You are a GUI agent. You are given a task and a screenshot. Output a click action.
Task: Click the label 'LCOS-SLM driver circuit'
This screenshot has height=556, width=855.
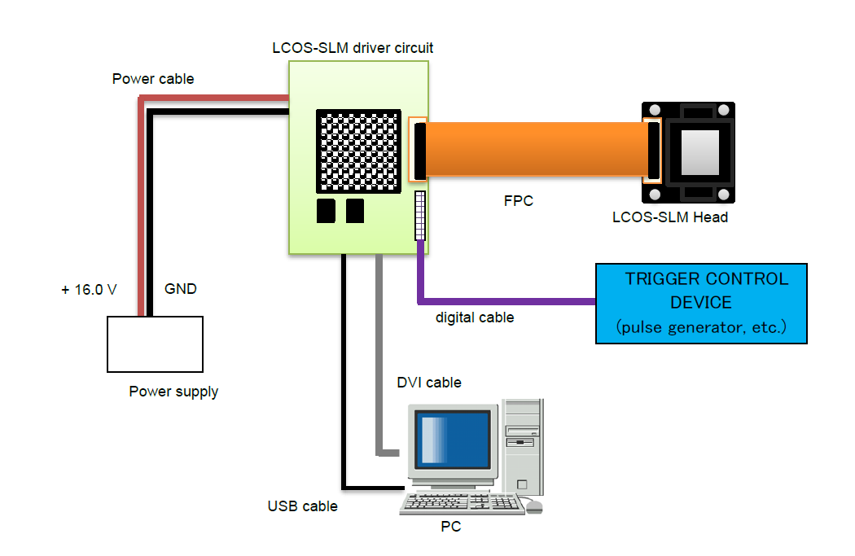[x=353, y=48]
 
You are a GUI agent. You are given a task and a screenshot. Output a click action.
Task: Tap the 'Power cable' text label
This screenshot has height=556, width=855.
[x=153, y=79]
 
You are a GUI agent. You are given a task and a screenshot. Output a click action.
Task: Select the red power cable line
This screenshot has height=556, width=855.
[x=142, y=204]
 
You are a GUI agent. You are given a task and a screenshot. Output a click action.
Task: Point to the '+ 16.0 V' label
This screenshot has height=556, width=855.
[x=89, y=289]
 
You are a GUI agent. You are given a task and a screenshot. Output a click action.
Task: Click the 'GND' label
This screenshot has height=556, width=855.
[x=181, y=289]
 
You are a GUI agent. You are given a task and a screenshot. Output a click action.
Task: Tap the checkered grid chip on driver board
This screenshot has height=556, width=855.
[x=359, y=151]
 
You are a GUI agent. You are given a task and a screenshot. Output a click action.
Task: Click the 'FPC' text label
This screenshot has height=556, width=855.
[x=519, y=201]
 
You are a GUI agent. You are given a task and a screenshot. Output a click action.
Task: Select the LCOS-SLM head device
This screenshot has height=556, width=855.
[x=688, y=152]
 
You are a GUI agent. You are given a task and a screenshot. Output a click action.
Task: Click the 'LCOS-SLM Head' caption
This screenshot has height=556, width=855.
[x=670, y=217]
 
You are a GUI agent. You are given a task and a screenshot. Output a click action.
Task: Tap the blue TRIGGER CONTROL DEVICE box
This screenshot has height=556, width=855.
[x=701, y=303]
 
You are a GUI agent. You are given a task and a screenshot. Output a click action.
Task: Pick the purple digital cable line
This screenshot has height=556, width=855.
[x=505, y=302]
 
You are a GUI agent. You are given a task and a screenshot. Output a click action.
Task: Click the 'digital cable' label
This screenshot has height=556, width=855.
[x=475, y=317]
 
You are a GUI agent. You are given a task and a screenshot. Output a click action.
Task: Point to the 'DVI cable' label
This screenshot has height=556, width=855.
[x=428, y=383]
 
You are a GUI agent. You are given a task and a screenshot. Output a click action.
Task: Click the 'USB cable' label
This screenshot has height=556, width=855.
[x=302, y=506]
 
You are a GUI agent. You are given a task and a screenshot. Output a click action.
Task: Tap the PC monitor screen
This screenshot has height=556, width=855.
[x=454, y=440]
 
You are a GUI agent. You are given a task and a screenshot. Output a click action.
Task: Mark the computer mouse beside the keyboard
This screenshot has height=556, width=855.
[x=534, y=506]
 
